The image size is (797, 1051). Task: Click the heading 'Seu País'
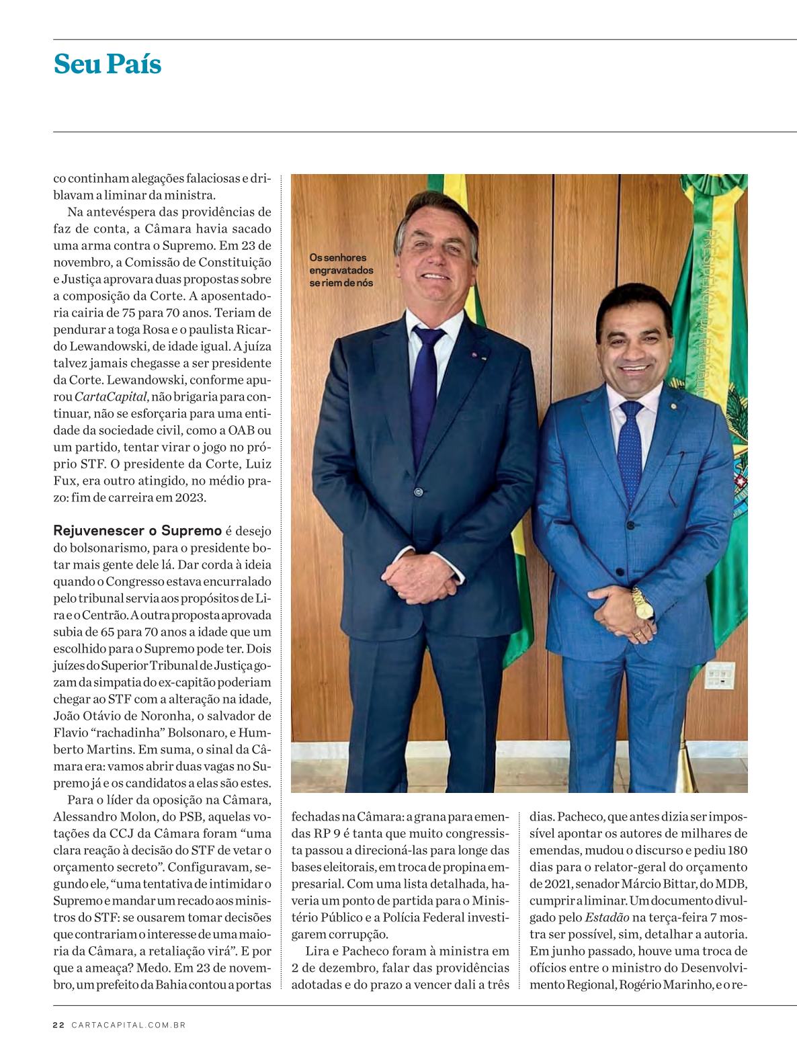(108, 65)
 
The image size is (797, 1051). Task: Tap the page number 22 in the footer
(58, 1025)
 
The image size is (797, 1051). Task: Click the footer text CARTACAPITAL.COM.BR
(128, 1025)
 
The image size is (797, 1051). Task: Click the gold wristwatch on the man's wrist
(641, 603)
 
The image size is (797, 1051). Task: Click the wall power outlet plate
(719, 675)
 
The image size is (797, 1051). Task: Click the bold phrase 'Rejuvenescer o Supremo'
(138, 531)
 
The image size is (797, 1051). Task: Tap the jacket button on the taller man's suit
(418, 491)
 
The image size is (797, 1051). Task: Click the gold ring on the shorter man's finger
(637, 633)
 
